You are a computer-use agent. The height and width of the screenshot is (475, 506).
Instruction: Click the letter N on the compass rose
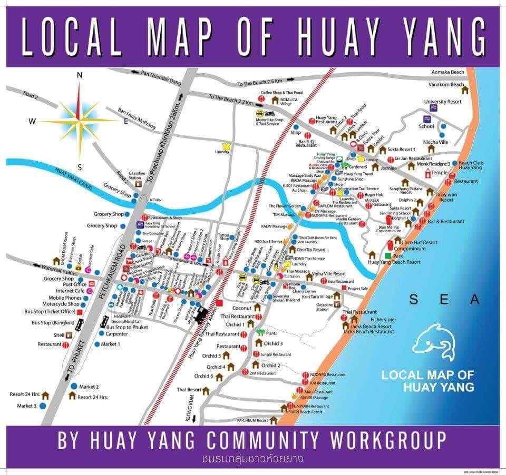(x=80, y=75)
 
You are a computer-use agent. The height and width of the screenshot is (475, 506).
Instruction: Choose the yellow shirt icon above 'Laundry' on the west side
(x=227, y=145)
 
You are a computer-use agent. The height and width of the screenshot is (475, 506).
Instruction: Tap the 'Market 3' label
(x=27, y=406)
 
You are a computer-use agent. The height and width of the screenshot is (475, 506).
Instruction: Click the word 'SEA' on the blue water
(x=445, y=300)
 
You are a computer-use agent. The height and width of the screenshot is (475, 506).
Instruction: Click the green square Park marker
(x=387, y=256)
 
